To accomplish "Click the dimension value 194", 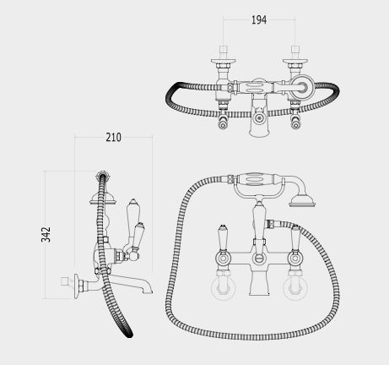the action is (259, 20).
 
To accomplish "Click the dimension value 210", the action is (113, 137).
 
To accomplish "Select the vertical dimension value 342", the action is (46, 234).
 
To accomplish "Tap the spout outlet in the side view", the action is (148, 291).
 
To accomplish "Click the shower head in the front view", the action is (302, 201).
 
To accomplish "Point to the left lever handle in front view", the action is (222, 238).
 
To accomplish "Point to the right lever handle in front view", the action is (294, 238).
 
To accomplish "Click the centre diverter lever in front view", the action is (259, 222).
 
